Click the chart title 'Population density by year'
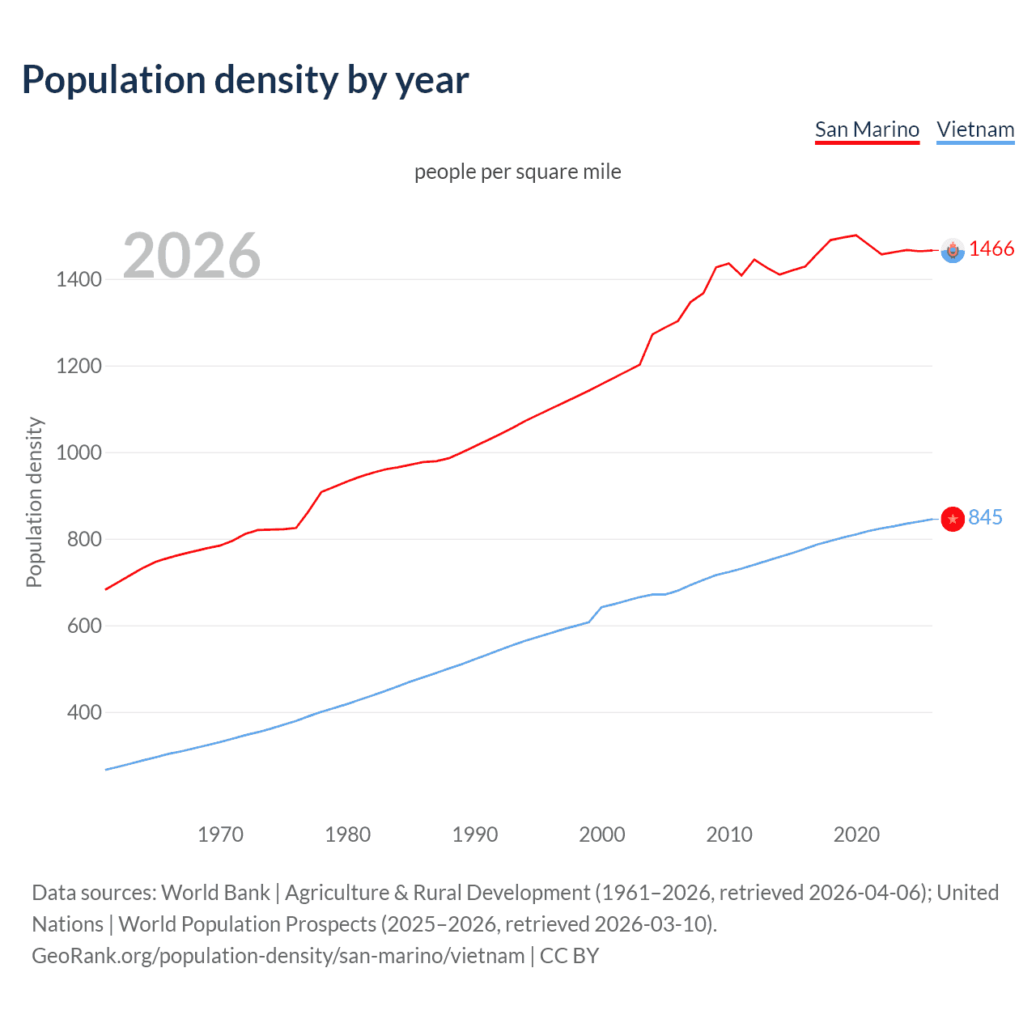click(245, 80)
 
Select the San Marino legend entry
click(867, 129)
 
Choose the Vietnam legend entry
click(975, 129)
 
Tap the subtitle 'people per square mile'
click(517, 172)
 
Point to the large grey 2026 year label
click(192, 256)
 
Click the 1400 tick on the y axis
click(79, 280)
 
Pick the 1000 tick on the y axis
click(79, 452)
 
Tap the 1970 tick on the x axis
click(220, 834)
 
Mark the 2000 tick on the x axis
click(602, 834)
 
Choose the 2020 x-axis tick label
click(856, 834)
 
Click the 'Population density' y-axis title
click(34, 502)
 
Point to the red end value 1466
click(991, 249)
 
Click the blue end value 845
click(985, 518)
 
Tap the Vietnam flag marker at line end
click(953, 519)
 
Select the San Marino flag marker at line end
click(953, 251)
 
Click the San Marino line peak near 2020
click(856, 236)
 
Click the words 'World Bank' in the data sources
click(215, 893)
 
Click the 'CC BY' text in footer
click(569, 956)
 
